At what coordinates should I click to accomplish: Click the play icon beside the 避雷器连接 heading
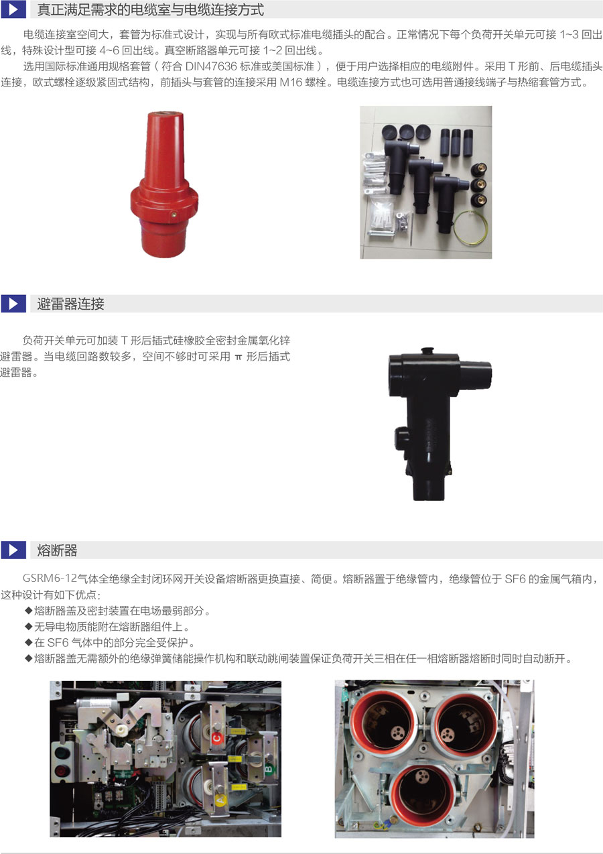(x=13, y=304)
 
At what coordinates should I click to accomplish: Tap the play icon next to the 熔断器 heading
(x=13, y=550)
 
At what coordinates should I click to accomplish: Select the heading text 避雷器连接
(x=70, y=304)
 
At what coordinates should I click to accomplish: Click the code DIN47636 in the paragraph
(x=211, y=66)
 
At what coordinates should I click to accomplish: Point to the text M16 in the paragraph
(x=291, y=82)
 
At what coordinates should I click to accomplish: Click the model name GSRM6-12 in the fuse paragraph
(x=50, y=578)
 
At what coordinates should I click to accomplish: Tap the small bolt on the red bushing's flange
(x=174, y=215)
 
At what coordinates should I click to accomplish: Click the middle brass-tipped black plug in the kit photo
(x=480, y=184)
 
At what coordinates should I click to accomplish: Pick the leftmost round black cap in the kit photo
(x=389, y=132)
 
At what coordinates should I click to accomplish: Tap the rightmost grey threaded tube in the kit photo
(x=468, y=143)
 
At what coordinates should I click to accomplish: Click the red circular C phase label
(x=216, y=738)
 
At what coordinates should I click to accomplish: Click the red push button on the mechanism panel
(x=60, y=769)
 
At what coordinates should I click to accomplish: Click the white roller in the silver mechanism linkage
(x=121, y=729)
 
